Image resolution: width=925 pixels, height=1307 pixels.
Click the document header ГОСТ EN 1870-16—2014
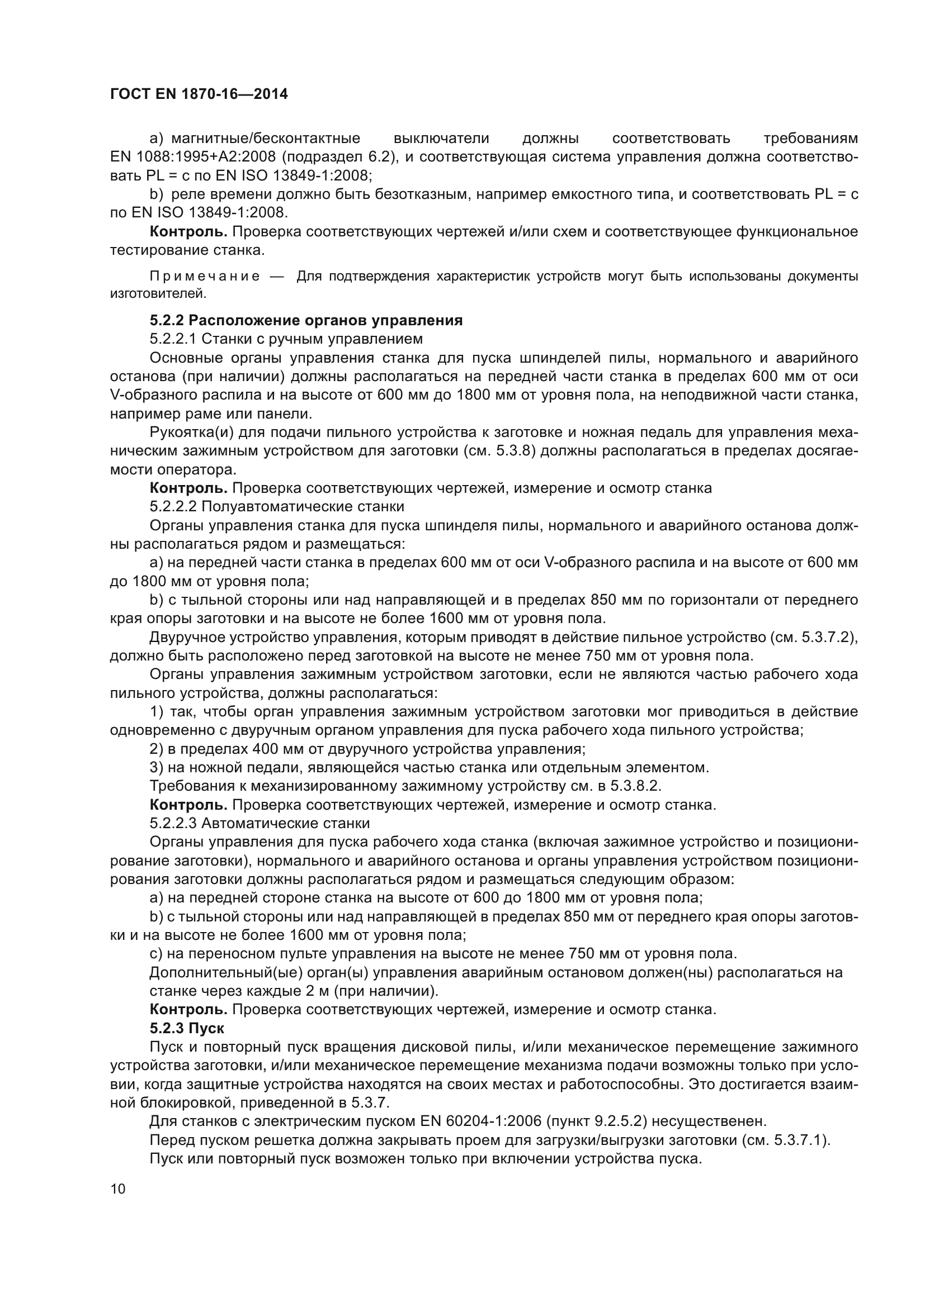pos(199,94)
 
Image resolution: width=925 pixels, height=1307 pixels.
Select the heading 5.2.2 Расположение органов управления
pos(306,321)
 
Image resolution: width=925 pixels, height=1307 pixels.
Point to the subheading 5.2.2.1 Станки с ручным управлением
pos(286,339)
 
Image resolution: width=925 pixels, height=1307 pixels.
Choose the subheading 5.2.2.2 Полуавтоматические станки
pos(277,506)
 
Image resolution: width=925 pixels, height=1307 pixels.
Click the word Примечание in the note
pos(205,277)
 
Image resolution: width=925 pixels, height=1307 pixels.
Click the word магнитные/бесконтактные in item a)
pos(266,139)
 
